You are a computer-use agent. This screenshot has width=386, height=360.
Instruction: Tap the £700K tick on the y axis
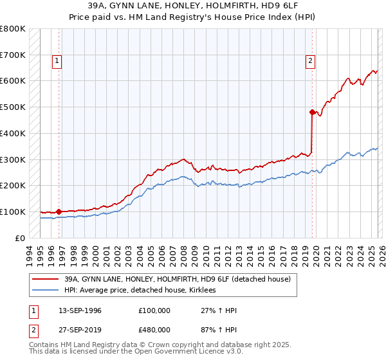[13, 55]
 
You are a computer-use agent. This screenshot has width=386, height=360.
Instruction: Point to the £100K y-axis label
[13, 212]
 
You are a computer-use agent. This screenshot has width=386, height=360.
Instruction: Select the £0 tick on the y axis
[21, 238]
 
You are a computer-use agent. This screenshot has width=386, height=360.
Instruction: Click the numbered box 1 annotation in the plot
[57, 61]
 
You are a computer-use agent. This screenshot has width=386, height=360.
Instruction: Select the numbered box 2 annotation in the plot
[310, 61]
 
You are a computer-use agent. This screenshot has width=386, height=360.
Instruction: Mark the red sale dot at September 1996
[59, 211]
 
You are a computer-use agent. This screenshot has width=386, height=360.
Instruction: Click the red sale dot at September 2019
[312, 112]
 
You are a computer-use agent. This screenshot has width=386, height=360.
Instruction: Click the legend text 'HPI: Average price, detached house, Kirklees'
[140, 290]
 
